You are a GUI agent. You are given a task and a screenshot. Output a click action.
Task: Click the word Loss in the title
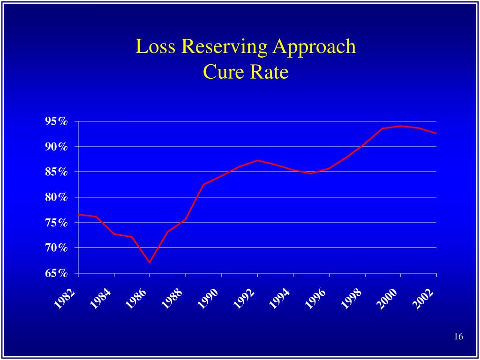click(x=156, y=47)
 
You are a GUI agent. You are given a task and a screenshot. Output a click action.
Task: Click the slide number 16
click(x=458, y=337)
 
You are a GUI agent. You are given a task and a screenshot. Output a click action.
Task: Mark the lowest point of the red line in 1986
click(x=150, y=262)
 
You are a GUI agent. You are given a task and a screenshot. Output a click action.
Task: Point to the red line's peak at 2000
click(x=400, y=126)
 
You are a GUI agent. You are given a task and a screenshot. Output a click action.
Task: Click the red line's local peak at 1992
click(x=257, y=160)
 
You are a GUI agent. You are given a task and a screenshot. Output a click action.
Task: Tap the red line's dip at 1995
click(x=311, y=173)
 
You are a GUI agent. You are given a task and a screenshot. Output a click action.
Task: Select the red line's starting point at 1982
click(x=78, y=214)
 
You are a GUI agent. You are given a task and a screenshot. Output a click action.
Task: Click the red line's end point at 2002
click(x=436, y=134)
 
